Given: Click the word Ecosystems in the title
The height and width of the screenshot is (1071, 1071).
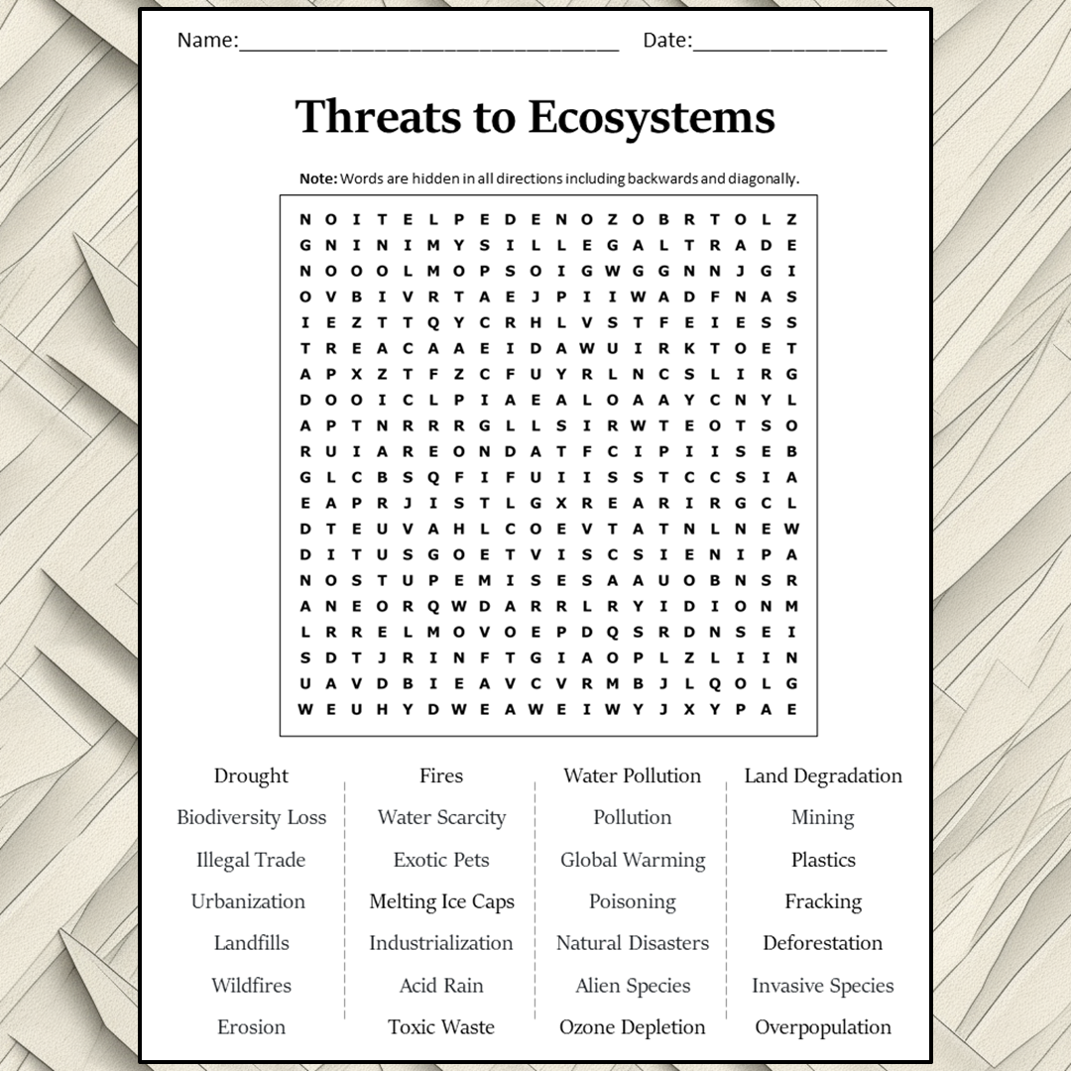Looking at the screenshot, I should tap(652, 117).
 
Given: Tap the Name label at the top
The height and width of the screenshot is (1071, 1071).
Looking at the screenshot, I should tap(206, 41).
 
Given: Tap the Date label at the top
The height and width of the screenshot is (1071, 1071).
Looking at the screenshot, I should tap(666, 41).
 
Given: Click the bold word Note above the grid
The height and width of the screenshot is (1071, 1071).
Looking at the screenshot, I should tap(317, 178).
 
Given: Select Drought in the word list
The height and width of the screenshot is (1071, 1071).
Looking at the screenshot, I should tap(251, 775).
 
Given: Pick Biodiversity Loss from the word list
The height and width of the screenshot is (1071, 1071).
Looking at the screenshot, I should tap(251, 818).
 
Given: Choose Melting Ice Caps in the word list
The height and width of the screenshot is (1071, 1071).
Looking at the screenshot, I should tap(441, 901).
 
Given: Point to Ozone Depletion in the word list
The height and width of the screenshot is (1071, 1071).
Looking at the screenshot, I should tap(633, 1027).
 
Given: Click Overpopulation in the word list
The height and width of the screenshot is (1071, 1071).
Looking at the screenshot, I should tap(823, 1027).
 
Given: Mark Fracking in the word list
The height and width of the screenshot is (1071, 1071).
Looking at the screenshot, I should tap(823, 901).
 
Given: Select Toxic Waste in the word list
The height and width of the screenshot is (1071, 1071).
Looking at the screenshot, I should tap(441, 1027).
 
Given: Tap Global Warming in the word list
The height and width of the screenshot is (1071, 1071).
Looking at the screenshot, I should tap(633, 860).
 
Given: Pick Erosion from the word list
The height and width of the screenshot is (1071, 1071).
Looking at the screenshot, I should tap(251, 1027).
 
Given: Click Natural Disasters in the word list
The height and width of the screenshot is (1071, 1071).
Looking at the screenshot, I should tap(633, 943).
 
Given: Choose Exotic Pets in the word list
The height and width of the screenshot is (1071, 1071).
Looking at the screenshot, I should tap(441, 860).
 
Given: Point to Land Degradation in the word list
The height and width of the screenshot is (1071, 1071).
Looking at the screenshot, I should tap(823, 775).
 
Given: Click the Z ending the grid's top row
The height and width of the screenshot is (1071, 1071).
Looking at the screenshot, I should tap(792, 219).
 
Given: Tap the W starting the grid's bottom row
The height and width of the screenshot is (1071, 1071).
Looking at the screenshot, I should tap(304, 709).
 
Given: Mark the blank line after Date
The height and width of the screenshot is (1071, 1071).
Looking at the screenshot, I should tap(789, 45).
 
